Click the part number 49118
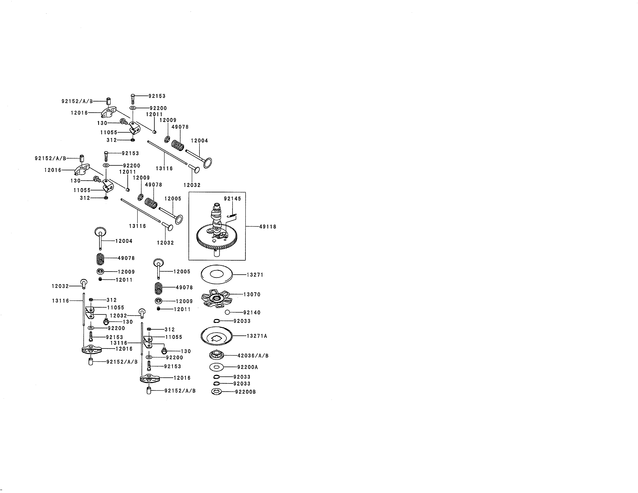point(268,227)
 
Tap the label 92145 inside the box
point(233,199)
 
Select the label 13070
point(252,294)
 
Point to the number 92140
point(252,312)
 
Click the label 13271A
point(257,336)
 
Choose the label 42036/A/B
point(253,356)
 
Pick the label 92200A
point(247,367)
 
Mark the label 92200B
point(245,392)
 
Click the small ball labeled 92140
point(227,312)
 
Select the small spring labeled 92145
point(232,216)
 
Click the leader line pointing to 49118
point(252,226)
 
